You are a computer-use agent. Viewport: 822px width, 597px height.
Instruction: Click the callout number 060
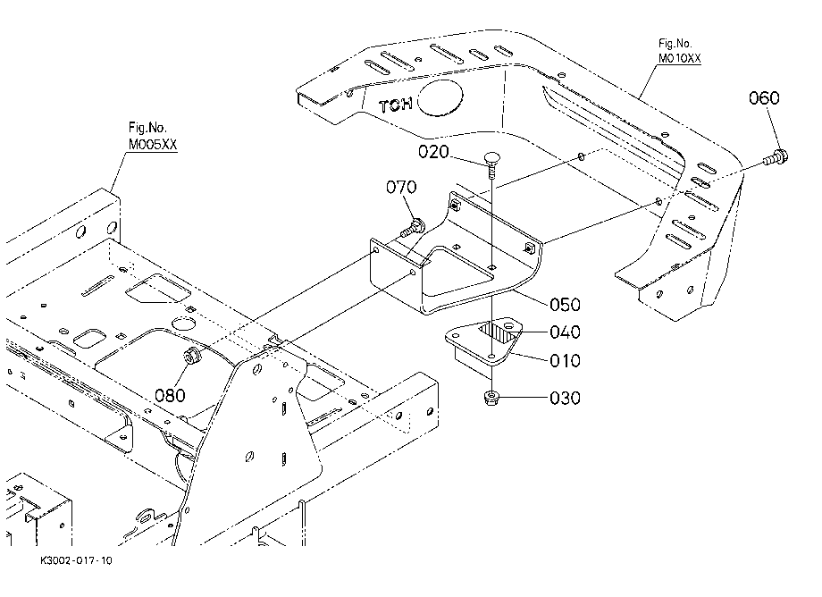click(x=764, y=98)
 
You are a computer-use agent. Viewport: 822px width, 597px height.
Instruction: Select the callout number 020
click(x=433, y=152)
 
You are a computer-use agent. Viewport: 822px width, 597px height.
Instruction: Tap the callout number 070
click(x=401, y=187)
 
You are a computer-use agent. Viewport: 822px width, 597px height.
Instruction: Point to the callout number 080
click(x=170, y=395)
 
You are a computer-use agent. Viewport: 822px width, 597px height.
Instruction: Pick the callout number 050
click(x=565, y=305)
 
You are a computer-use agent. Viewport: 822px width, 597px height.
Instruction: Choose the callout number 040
click(x=565, y=332)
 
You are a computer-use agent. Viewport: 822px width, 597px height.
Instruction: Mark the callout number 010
click(x=565, y=360)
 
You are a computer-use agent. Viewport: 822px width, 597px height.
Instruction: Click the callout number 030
click(x=565, y=399)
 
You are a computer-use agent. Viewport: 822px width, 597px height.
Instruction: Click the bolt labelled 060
click(x=776, y=157)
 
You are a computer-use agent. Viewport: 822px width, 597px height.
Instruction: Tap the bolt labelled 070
click(x=414, y=229)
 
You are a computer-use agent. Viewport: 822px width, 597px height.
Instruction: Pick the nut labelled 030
click(x=491, y=398)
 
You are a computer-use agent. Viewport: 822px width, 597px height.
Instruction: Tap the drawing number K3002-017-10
click(x=77, y=560)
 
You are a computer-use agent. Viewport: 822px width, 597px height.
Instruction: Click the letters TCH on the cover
click(x=395, y=105)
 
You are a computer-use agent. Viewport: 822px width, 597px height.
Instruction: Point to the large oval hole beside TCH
click(x=440, y=98)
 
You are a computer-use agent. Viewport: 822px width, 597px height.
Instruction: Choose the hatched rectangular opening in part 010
click(x=496, y=332)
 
